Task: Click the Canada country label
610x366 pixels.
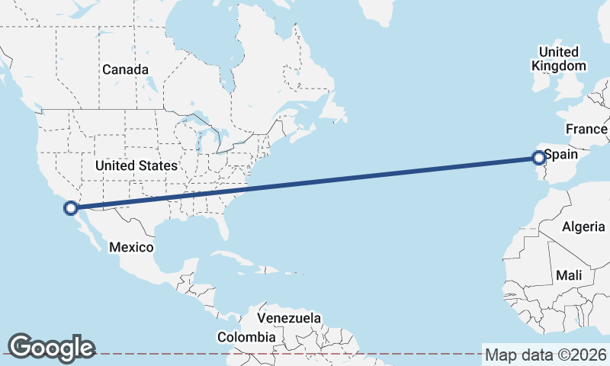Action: point(125,69)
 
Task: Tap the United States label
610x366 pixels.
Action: point(136,165)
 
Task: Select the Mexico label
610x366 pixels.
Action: point(131,247)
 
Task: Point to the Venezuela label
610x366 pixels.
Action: point(289,317)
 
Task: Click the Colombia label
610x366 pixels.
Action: point(246,336)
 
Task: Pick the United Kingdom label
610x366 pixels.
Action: point(559,59)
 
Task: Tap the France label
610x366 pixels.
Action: point(586,129)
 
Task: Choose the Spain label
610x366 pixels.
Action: point(560,155)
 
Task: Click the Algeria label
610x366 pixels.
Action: point(583,226)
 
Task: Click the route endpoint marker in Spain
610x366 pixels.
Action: point(538,158)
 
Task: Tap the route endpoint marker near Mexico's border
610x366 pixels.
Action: point(71,207)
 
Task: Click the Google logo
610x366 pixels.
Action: point(51,347)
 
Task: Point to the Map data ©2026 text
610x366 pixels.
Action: point(546,355)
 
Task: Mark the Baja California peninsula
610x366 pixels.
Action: point(85,231)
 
